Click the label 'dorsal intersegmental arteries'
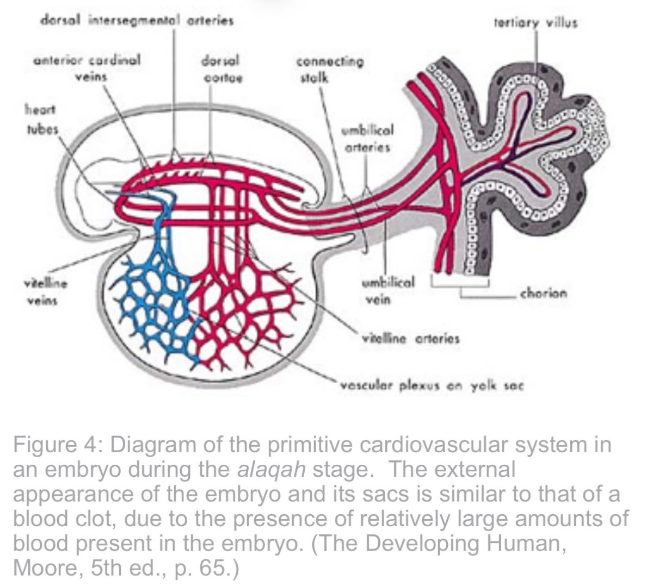(x=137, y=21)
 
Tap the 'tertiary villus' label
(x=535, y=23)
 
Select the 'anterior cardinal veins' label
(x=87, y=68)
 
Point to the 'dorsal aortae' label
(x=222, y=69)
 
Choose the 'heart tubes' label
(x=41, y=120)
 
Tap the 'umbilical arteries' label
(x=367, y=138)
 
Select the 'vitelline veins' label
(x=46, y=291)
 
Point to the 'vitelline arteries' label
(x=411, y=339)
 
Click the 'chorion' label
(x=544, y=294)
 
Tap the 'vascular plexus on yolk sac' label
(x=432, y=386)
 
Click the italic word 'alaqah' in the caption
(x=272, y=470)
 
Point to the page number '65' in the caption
(x=211, y=568)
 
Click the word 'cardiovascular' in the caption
(x=434, y=445)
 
